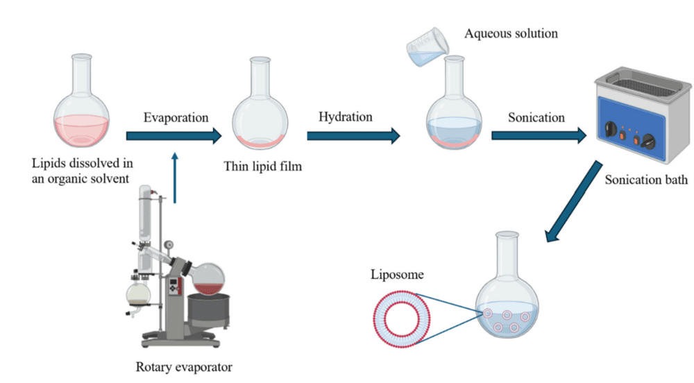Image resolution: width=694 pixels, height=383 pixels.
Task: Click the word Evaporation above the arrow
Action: point(176,117)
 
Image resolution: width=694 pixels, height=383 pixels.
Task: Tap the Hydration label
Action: point(345,117)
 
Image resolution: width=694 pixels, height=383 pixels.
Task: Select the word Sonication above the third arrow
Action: point(536,117)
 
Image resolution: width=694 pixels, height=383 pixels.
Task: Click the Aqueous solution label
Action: point(511,33)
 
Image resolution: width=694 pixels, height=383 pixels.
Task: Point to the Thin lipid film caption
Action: point(262,167)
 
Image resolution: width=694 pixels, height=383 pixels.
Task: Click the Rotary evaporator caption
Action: point(183,367)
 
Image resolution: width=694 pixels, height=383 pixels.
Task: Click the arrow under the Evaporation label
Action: point(173,135)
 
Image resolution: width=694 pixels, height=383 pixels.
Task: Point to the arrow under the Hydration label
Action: point(353,135)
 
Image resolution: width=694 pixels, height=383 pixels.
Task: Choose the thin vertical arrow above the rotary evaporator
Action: point(174,178)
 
